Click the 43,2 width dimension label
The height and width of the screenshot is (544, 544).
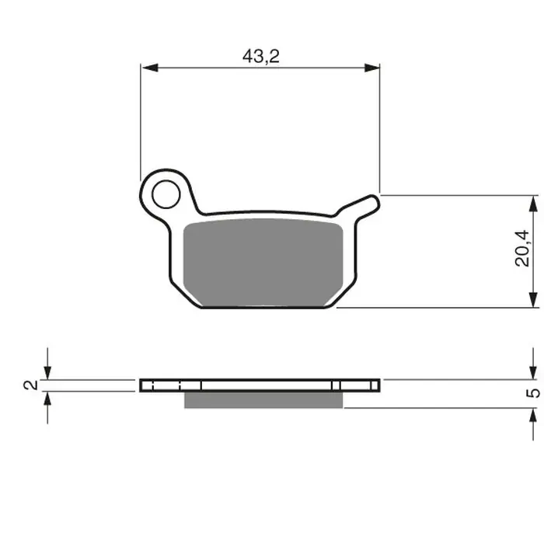(261, 55)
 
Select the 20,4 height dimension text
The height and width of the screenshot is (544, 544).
(525, 249)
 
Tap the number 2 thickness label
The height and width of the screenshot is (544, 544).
(30, 385)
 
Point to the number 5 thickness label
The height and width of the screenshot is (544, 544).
(532, 392)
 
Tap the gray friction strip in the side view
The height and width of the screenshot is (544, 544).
(263, 399)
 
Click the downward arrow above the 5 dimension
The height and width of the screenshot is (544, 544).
(533, 372)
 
